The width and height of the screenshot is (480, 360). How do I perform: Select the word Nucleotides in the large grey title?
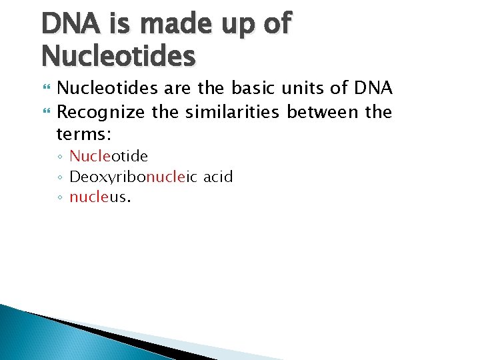point(119,55)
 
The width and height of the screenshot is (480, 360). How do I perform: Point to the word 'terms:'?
point(83,134)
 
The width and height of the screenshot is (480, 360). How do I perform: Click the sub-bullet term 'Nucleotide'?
point(109,156)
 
